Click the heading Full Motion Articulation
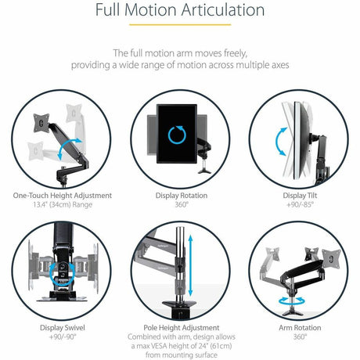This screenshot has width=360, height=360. pos(179,11)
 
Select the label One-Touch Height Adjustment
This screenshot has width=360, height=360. pos(63,195)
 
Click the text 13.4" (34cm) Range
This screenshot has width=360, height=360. pos(63,205)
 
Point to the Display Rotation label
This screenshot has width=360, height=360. pos(179,195)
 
